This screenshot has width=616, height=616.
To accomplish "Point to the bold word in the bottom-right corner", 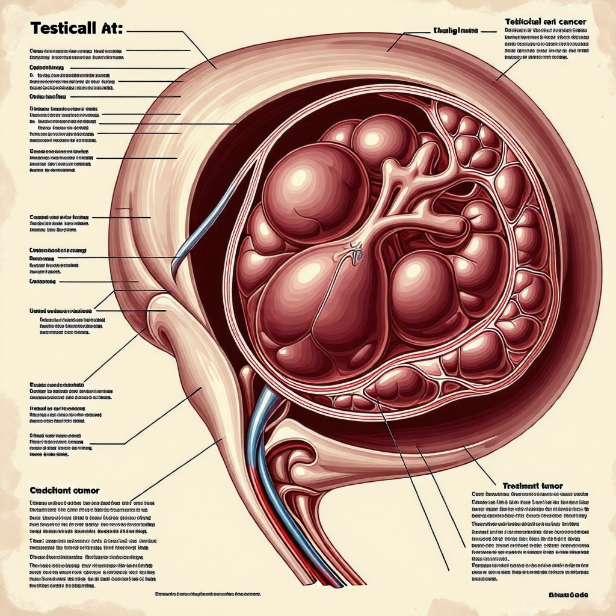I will [568, 595].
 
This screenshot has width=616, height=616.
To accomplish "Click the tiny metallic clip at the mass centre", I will [356, 253].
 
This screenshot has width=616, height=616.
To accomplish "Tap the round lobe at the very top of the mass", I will [383, 140].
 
